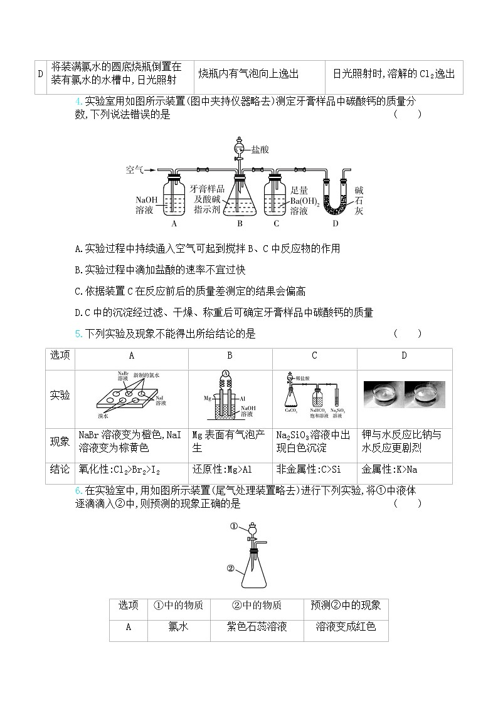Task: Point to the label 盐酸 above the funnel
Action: [260, 150]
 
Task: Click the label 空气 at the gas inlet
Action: [135, 170]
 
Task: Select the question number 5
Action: [77, 334]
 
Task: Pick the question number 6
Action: [77, 490]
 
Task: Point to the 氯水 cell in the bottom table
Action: [179, 626]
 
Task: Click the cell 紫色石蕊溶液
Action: [257, 626]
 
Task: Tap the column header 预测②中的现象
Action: [346, 606]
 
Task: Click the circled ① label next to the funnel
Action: [234, 527]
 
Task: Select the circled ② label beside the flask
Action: [230, 569]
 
